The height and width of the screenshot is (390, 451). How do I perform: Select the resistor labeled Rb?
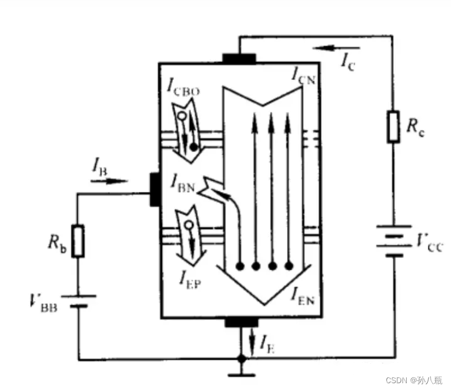coord(78,242)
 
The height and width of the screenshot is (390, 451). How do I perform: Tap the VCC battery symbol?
coord(393,242)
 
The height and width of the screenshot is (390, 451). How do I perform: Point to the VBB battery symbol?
coord(78,300)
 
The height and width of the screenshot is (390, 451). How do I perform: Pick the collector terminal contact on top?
coord(239,58)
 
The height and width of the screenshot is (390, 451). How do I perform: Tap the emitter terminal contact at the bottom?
coord(241,322)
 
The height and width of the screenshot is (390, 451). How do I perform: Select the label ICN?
coord(304,76)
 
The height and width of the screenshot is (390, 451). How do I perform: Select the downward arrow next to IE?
coord(251,341)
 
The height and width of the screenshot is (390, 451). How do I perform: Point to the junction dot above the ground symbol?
coord(241,359)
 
